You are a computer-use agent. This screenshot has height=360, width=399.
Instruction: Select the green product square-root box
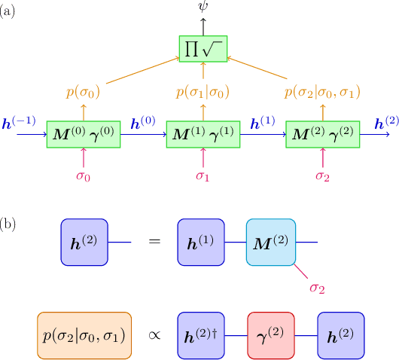click(203, 47)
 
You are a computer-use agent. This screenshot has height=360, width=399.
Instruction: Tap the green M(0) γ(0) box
click(83, 133)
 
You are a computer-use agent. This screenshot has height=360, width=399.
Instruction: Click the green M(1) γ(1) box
click(203, 133)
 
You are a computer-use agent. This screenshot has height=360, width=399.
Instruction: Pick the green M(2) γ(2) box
click(323, 133)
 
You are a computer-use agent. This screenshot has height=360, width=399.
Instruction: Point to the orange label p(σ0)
click(83, 94)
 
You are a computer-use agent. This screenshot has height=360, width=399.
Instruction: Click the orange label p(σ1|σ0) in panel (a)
click(203, 94)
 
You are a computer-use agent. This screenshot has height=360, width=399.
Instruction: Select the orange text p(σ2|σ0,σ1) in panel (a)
click(323, 94)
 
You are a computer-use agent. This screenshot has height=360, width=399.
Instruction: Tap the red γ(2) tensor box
click(272, 334)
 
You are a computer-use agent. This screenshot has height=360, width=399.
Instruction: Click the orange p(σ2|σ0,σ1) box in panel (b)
click(84, 334)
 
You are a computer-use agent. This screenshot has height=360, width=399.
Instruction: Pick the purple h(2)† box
click(202, 334)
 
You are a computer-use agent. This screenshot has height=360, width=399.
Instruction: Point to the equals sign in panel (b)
click(155, 243)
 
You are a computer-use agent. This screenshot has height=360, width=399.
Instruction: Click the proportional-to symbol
click(155, 334)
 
